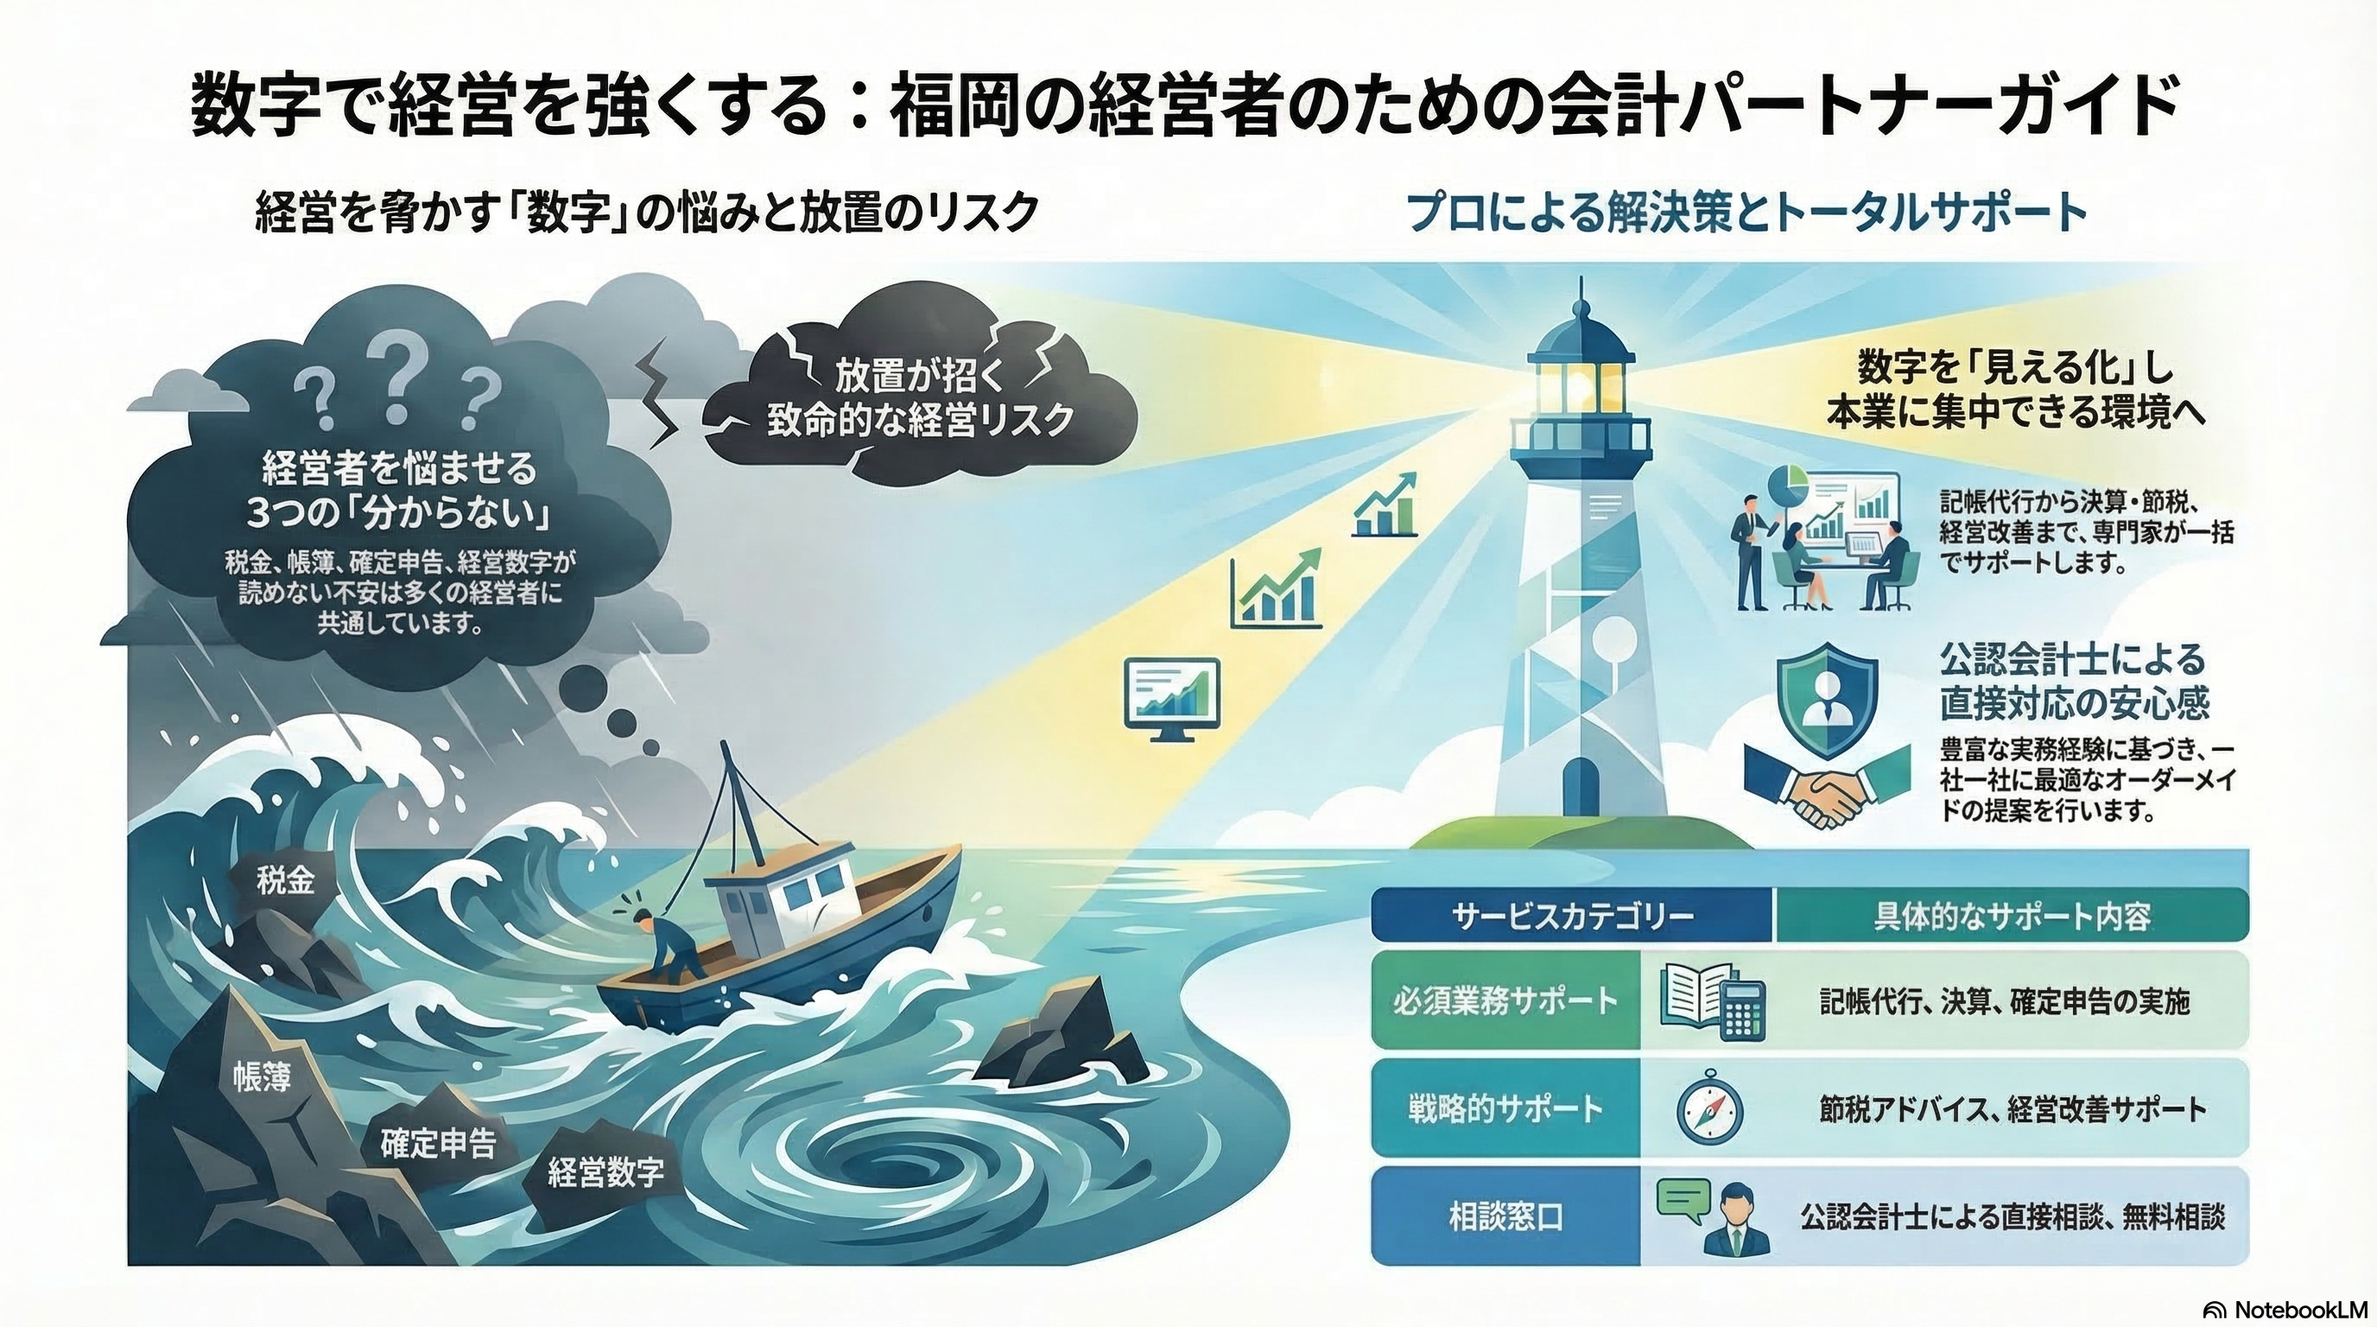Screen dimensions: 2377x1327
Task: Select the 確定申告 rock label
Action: point(438,1143)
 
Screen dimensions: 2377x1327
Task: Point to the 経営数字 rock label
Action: point(605,1173)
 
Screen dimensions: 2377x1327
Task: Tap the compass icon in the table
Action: point(1709,1108)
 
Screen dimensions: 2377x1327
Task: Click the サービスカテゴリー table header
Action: point(1572,917)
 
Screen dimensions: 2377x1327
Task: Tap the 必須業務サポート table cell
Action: point(1506,1000)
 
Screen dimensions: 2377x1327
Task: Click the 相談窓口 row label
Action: point(1506,1217)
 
